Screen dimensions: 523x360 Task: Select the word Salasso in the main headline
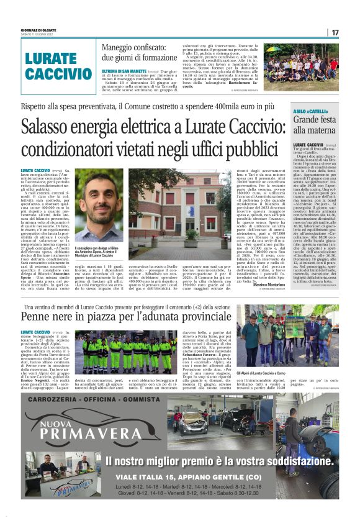pos(47,128)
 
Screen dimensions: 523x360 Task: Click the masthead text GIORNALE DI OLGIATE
pos(39,29)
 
